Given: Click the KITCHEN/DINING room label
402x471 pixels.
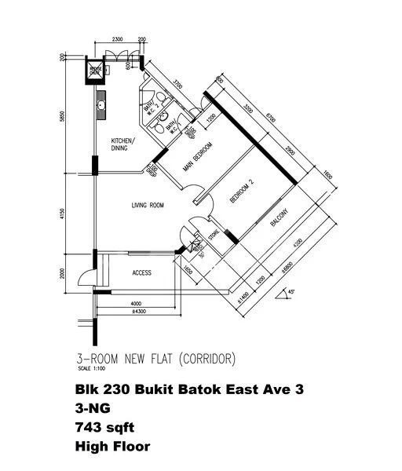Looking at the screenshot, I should [123, 143].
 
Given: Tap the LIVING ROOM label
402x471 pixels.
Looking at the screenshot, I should [147, 206].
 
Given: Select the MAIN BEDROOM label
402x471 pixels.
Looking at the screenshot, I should [199, 155].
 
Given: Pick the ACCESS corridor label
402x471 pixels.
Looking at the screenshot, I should [141, 272].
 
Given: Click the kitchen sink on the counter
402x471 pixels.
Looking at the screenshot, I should [101, 104].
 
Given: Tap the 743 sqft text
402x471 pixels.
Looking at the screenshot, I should [109, 429].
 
